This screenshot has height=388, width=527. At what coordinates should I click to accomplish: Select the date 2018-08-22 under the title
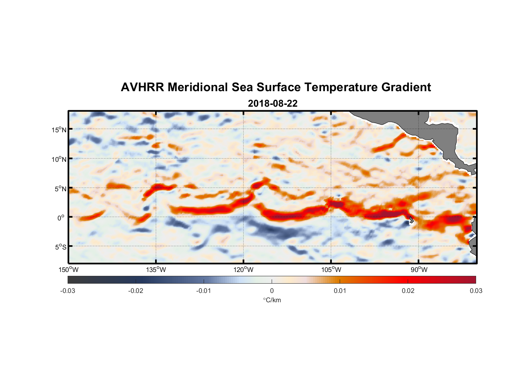click(x=272, y=104)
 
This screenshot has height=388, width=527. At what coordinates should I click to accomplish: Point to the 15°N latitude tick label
click(x=59, y=130)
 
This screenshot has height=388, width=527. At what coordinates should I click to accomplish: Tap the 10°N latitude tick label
click(x=59, y=159)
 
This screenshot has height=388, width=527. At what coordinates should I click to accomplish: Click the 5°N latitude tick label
click(x=60, y=189)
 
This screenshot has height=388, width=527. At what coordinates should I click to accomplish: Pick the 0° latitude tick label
click(x=61, y=218)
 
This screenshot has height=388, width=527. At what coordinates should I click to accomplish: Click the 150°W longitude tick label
click(x=68, y=270)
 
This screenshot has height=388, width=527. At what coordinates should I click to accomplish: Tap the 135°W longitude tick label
click(x=156, y=270)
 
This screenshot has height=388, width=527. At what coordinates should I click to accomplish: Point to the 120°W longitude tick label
click(x=243, y=270)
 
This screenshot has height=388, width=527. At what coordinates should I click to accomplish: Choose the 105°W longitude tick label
click(x=331, y=270)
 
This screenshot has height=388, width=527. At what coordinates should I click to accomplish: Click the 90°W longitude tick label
click(x=419, y=270)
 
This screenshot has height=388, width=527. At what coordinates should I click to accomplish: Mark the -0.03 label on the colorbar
click(x=68, y=291)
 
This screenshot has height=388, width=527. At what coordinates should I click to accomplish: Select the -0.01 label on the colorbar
click(x=204, y=291)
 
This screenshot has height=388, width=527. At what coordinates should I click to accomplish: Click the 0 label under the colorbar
click(x=272, y=291)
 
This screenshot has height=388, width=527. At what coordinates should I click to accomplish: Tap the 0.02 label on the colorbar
click(x=408, y=291)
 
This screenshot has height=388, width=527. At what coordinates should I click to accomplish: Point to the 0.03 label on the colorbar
click(x=476, y=291)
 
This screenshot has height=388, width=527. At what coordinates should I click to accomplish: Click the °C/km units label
click(x=272, y=300)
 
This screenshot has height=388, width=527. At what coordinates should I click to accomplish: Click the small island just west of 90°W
click(x=411, y=220)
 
